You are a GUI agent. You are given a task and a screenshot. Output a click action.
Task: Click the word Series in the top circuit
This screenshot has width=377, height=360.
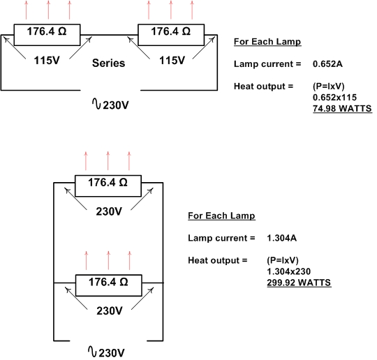(x=108, y=63)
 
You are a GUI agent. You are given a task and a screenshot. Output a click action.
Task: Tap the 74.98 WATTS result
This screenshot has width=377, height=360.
(x=342, y=108)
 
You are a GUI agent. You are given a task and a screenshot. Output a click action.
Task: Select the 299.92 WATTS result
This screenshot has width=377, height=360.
(x=299, y=283)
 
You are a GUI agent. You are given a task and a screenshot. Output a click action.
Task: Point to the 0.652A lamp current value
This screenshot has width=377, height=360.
(x=327, y=64)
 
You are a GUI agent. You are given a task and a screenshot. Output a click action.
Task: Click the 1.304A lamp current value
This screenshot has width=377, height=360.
(x=282, y=238)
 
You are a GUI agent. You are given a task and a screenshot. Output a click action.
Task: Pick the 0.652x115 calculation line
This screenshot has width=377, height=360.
(x=334, y=98)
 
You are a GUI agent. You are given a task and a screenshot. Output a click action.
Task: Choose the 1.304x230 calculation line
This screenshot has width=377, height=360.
(x=289, y=271)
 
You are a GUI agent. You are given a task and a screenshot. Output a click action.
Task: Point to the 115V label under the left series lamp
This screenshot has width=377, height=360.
(x=47, y=60)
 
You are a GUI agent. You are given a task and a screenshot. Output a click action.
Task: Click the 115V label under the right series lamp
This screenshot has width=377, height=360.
(x=172, y=60)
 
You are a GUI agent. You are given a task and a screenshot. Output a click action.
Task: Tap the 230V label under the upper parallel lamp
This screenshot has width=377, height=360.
(x=109, y=211)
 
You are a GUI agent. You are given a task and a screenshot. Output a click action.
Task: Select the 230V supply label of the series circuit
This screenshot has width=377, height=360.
(x=116, y=105)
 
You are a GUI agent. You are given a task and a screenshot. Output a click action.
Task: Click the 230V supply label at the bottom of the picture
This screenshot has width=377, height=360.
(x=112, y=353)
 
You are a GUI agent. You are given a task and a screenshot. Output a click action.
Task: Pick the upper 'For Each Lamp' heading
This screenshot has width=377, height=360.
(x=267, y=42)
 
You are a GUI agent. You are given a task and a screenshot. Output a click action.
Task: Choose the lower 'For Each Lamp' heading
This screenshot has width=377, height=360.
(x=221, y=216)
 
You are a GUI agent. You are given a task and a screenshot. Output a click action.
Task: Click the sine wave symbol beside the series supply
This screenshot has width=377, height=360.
(x=96, y=104)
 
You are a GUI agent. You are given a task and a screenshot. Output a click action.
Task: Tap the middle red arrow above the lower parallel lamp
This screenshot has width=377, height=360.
(x=108, y=260)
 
